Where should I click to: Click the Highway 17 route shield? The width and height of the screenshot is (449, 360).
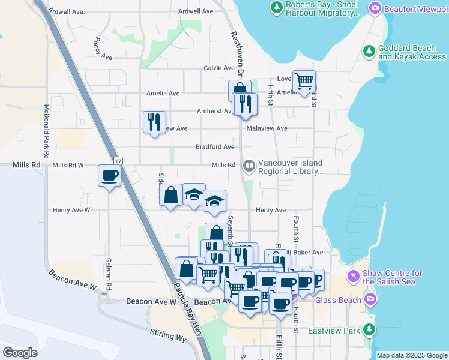(x=118, y=161)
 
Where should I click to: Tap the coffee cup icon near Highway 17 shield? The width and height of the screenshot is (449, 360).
(x=110, y=176)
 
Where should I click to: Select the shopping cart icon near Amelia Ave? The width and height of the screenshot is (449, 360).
(x=304, y=81)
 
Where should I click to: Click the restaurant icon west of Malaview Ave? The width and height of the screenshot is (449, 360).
(x=154, y=122)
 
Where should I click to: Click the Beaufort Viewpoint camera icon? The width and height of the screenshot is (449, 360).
(x=375, y=8)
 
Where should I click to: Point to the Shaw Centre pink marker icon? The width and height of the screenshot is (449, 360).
(x=354, y=277)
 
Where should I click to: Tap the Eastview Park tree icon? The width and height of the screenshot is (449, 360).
(x=369, y=330)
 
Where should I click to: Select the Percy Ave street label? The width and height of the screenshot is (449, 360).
(x=103, y=50)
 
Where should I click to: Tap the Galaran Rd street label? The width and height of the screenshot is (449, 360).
(x=108, y=274)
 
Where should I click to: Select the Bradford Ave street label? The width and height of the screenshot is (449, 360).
(x=215, y=146)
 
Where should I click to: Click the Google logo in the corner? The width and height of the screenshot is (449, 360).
(x=20, y=352)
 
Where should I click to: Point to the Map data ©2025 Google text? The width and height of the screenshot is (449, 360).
(x=411, y=355)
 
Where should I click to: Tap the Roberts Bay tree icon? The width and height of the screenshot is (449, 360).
(x=276, y=8)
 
